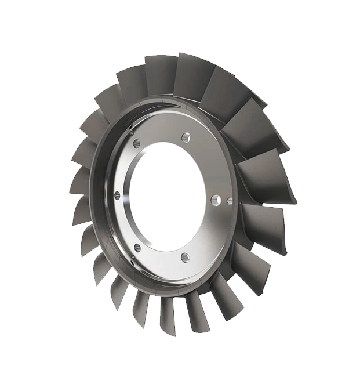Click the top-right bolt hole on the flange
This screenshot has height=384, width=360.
186,137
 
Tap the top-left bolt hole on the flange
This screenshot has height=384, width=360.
137,143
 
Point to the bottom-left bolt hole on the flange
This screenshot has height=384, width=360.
137,248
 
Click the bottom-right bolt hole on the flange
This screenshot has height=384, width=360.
185,256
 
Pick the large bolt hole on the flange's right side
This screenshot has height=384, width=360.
216,200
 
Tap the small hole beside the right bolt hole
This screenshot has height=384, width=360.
230,201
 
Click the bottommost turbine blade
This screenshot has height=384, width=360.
168,316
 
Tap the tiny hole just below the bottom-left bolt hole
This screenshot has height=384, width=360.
132,260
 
